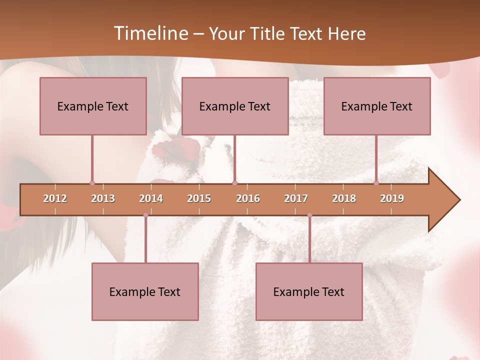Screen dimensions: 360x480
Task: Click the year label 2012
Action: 55,198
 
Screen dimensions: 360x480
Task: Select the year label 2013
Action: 103,198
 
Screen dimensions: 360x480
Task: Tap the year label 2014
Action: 151,198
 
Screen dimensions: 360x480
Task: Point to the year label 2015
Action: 199,198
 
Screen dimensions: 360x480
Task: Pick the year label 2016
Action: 248,198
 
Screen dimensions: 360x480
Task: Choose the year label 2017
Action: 296,198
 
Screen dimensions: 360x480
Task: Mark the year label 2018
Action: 344,198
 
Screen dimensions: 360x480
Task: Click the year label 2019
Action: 392,198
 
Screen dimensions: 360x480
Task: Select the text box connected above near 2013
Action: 93,106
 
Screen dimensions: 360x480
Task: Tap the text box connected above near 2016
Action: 235,106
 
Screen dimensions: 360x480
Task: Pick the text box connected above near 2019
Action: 377,106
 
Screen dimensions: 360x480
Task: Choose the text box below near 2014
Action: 145,292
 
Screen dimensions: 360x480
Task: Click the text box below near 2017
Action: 309,292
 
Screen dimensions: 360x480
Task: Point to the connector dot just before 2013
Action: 92,183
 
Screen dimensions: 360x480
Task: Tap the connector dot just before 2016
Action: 234,183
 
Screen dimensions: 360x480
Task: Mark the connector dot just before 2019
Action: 376,183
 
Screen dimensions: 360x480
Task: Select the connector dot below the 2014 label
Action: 145,215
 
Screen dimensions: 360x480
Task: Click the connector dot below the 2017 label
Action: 309,215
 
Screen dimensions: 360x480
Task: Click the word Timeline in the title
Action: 150,33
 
